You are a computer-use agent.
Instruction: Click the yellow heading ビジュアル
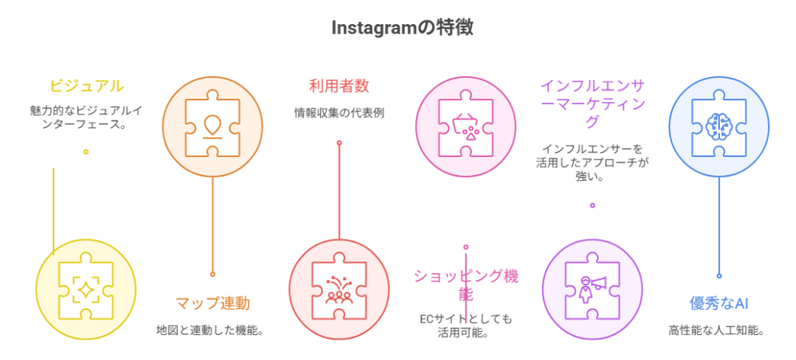point(86,86)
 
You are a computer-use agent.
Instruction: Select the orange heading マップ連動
point(212,303)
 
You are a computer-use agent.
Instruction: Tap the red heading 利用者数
point(338,86)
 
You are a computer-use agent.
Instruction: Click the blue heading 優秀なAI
point(718,303)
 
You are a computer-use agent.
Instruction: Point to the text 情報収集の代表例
point(338,113)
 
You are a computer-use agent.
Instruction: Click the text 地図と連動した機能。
point(212,330)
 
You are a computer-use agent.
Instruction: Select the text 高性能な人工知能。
point(718,330)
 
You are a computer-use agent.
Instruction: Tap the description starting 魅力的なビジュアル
point(86,117)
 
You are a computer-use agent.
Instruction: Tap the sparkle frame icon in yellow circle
point(86,289)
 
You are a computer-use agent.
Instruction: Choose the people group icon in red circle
point(338,289)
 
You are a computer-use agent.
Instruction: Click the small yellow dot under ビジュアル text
point(86,152)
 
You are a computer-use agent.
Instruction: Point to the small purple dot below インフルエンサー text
point(592,206)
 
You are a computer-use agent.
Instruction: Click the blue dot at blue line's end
point(718,274)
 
